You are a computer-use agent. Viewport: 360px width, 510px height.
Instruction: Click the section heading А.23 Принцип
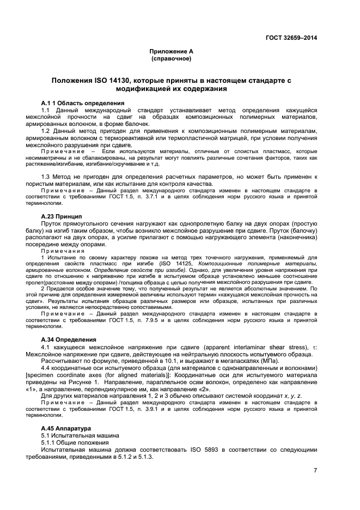[x=62, y=216]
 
